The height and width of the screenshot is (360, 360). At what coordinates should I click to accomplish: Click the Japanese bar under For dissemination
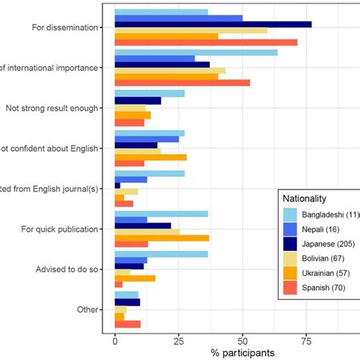[213, 24]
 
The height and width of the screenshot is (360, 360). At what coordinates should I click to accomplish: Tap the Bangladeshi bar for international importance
[196, 52]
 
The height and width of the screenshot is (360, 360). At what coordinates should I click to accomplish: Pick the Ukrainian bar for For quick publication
[162, 238]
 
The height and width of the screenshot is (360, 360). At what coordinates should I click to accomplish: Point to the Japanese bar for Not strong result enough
[137, 101]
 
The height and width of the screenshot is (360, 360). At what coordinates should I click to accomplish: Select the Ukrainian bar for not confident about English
[150, 157]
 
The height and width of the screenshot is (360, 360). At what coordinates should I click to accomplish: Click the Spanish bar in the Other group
[128, 324]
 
